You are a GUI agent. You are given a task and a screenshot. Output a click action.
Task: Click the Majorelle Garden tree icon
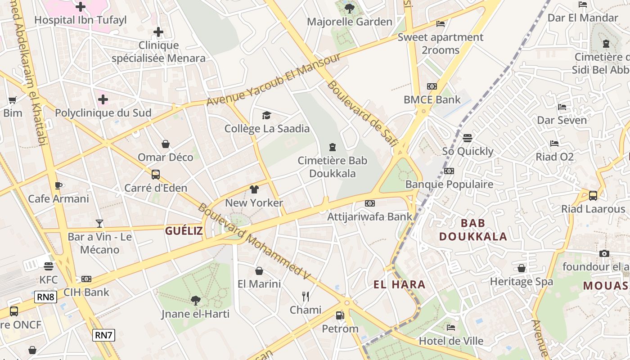[349, 8]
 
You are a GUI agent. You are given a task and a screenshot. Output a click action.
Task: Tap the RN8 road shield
[46, 297]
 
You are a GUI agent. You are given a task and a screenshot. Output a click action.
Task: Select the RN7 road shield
[104, 335]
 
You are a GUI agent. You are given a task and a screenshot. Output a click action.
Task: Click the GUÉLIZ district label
[184, 231]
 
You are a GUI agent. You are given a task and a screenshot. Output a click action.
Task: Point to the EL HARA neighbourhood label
[399, 284]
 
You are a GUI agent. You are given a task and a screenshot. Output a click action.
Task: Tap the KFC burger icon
[49, 266]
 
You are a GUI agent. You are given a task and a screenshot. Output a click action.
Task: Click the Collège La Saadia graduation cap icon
[267, 116]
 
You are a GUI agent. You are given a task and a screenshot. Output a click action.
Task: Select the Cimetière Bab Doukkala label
[333, 167]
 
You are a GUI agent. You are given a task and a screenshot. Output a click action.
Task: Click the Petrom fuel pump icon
[340, 315]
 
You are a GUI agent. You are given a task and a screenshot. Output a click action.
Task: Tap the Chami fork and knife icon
[306, 296]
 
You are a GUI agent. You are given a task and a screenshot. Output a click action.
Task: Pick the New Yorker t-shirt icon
[254, 189]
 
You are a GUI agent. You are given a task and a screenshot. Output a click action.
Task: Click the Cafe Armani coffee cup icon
[58, 185]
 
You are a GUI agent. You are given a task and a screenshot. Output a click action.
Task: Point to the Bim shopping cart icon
[12, 100]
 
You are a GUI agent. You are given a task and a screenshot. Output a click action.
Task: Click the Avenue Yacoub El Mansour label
[273, 80]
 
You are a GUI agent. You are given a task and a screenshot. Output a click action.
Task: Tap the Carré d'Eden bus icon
[156, 174]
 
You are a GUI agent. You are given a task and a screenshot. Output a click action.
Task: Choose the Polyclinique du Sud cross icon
[103, 99]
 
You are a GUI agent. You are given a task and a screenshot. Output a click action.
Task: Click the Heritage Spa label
[521, 282]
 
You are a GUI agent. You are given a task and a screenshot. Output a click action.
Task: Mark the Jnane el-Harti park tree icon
[195, 300]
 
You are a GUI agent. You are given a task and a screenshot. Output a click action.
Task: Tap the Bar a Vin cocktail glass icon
[99, 223]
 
